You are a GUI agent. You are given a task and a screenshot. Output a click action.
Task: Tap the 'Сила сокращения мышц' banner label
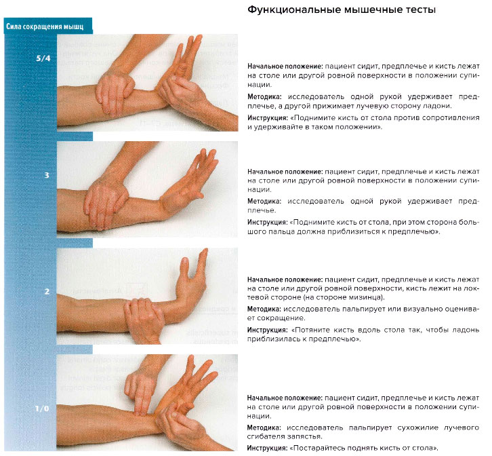pos(45,27)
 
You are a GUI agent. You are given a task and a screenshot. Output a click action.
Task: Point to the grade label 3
pos(47,175)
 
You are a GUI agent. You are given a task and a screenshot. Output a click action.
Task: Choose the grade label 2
pos(47,292)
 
